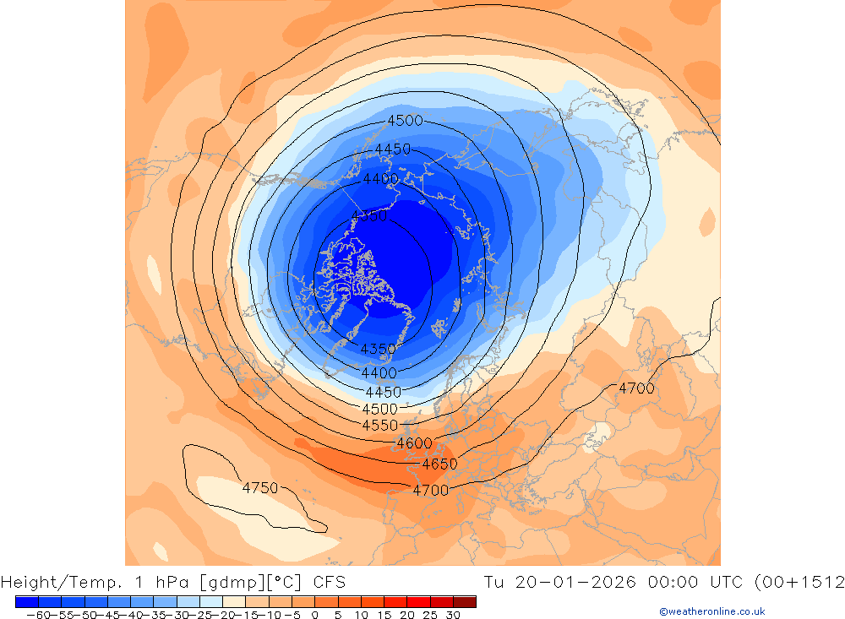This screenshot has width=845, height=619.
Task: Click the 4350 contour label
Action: (378, 349)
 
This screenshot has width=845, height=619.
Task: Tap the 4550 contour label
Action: (379, 425)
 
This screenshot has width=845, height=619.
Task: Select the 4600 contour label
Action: (414, 443)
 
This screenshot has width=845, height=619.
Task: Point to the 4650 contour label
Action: (439, 464)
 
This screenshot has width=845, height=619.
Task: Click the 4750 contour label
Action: (260, 488)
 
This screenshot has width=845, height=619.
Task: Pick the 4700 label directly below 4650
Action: (430, 490)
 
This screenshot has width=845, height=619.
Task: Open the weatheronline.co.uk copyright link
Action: (711, 611)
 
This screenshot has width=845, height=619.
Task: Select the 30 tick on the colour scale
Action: (452, 616)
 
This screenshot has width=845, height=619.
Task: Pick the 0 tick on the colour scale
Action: (314, 616)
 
